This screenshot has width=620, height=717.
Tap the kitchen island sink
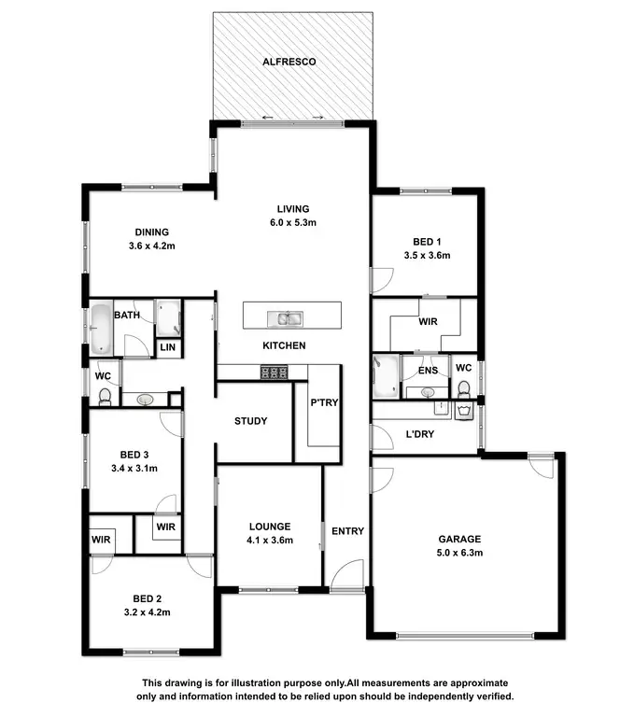(x=287, y=319)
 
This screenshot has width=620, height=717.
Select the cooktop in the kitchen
(x=273, y=373)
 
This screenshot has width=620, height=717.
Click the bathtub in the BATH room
(x=100, y=330)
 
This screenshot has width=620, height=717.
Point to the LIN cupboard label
(x=168, y=347)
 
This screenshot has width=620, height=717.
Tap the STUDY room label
(x=251, y=421)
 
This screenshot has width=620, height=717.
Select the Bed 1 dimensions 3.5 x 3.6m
(x=427, y=255)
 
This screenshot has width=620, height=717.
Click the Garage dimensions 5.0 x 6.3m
(x=460, y=554)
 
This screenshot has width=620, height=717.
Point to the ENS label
(x=428, y=372)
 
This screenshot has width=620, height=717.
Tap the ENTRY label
(x=347, y=531)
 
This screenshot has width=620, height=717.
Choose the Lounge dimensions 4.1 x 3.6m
(x=270, y=541)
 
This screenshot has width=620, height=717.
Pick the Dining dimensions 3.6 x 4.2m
(x=151, y=246)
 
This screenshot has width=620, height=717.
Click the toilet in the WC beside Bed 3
(x=105, y=398)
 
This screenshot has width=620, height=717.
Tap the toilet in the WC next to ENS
(x=464, y=388)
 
